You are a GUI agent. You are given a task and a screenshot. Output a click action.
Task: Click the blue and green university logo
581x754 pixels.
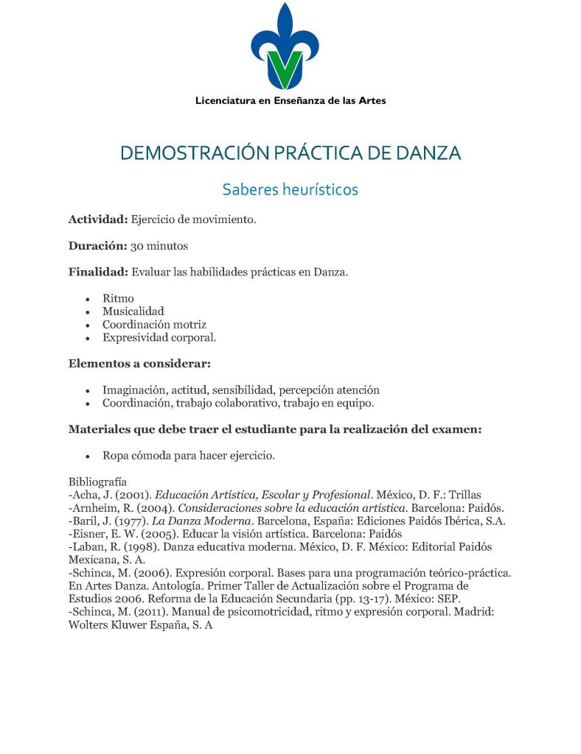[x=285, y=47]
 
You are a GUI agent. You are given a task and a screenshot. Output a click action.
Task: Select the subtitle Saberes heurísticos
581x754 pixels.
[x=290, y=189]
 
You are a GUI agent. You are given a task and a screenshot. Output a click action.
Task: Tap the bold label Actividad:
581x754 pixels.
[x=99, y=219]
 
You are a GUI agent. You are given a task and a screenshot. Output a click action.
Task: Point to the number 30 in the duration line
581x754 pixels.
[x=138, y=245]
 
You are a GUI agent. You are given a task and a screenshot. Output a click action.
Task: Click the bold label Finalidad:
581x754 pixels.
[x=98, y=272]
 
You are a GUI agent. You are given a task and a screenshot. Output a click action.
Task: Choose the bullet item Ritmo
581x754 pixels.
[x=118, y=298]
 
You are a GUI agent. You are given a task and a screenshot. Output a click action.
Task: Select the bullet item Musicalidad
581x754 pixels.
[x=133, y=311]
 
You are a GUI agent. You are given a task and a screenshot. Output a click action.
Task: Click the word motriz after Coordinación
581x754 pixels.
[x=189, y=325]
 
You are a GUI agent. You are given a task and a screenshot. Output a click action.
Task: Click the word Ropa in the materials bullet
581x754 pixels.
[x=116, y=456]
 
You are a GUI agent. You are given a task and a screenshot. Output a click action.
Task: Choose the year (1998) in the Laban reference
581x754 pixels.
[x=133, y=547]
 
